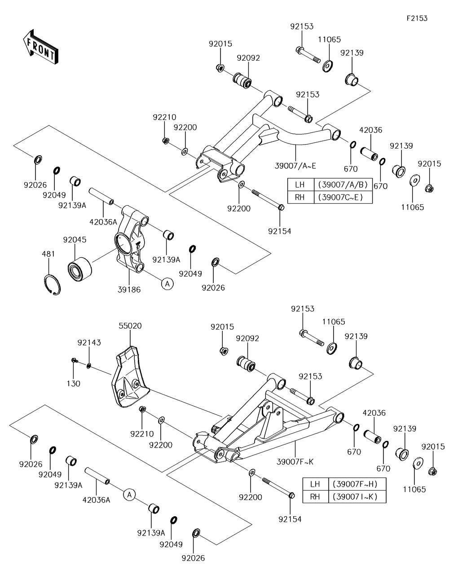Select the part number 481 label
pyautogui.click(x=49, y=254)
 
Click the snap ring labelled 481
pyautogui.click(x=53, y=285)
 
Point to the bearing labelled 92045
pyautogui.click(x=79, y=268)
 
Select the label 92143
pyautogui.click(x=89, y=343)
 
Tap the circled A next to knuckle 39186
pyautogui.click(x=167, y=284)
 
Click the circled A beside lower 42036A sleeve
pyautogui.click(x=129, y=494)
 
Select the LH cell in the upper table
pyautogui.click(x=300, y=185)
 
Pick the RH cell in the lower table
pyautogui.click(x=315, y=497)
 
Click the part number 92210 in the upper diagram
pyautogui.click(x=164, y=118)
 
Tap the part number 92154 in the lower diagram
pyautogui.click(x=290, y=519)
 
